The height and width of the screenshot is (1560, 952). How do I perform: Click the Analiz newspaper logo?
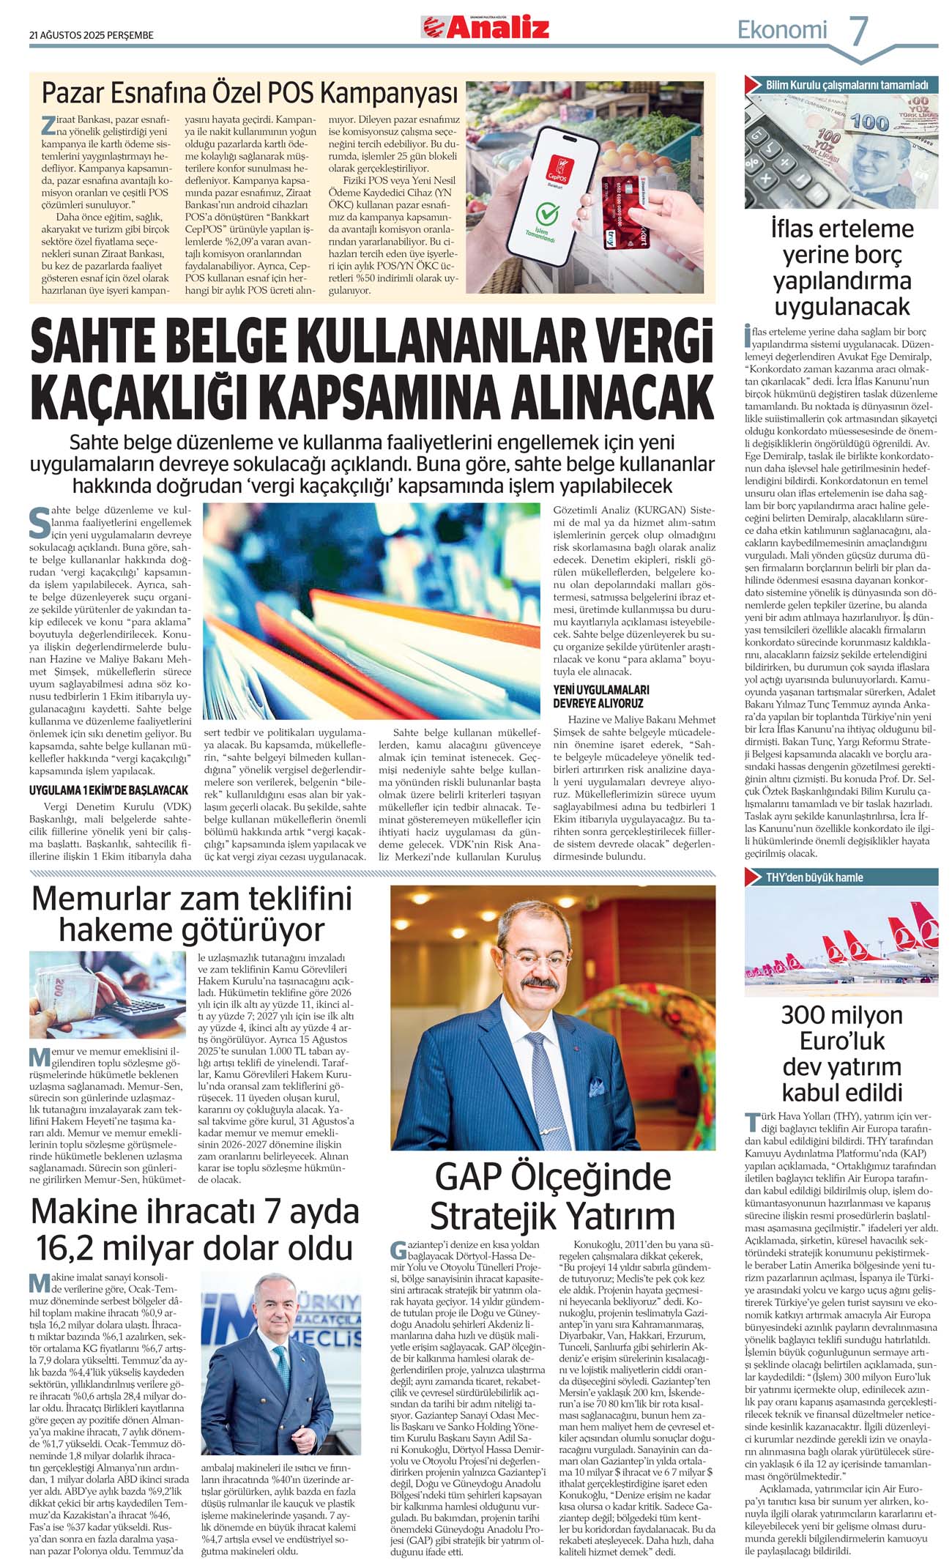pos(485,28)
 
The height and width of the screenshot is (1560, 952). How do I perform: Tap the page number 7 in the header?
pos(858,31)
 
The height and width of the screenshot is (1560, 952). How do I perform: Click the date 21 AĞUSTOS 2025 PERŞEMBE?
pos(92,34)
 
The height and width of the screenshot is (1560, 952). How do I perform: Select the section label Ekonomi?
pos(781,30)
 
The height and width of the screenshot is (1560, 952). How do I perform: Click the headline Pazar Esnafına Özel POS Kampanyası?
pos(249,94)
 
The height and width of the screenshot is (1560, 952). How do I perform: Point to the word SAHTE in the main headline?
pos(98,343)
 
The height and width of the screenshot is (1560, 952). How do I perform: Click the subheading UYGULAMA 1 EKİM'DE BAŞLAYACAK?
pos(108,790)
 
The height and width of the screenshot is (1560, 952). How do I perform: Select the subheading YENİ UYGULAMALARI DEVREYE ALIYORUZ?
pos(601,697)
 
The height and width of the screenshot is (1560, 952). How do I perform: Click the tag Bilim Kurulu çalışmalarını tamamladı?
pos(846,85)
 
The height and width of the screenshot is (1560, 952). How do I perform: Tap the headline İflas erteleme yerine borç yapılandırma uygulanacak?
pos(841,267)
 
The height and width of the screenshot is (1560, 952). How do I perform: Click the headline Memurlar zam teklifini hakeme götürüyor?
pos(191,914)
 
